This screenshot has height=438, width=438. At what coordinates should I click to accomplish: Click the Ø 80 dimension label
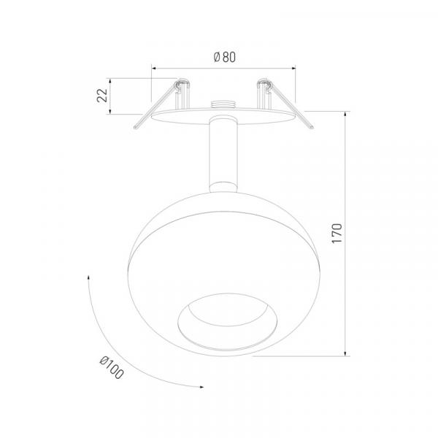pyautogui.click(x=225, y=57)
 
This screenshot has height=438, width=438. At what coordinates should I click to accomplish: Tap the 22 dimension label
pyautogui.click(x=102, y=95)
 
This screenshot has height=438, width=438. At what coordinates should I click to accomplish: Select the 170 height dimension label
pyautogui.click(x=337, y=234)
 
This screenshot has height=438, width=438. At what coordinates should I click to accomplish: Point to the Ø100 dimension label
pyautogui.click(x=112, y=368)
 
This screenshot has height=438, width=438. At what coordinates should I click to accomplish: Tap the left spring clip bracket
pyautogui.click(x=182, y=94)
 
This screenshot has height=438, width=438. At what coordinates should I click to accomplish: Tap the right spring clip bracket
pyautogui.click(x=264, y=94)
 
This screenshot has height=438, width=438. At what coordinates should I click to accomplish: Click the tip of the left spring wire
pyautogui.click(x=135, y=128)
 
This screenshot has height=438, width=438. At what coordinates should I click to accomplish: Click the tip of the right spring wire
pyautogui.click(x=312, y=127)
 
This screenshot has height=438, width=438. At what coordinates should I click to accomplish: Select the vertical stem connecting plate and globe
pyautogui.click(x=223, y=154)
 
